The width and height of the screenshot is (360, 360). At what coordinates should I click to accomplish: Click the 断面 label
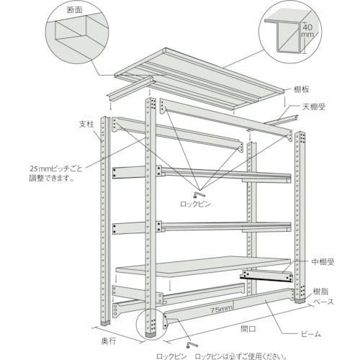[73, 10]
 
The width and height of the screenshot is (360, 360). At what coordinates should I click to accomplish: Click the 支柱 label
[86, 123]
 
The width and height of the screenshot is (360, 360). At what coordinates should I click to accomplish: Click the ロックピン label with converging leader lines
[196, 205]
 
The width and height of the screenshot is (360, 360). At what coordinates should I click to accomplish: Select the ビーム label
[312, 335]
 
